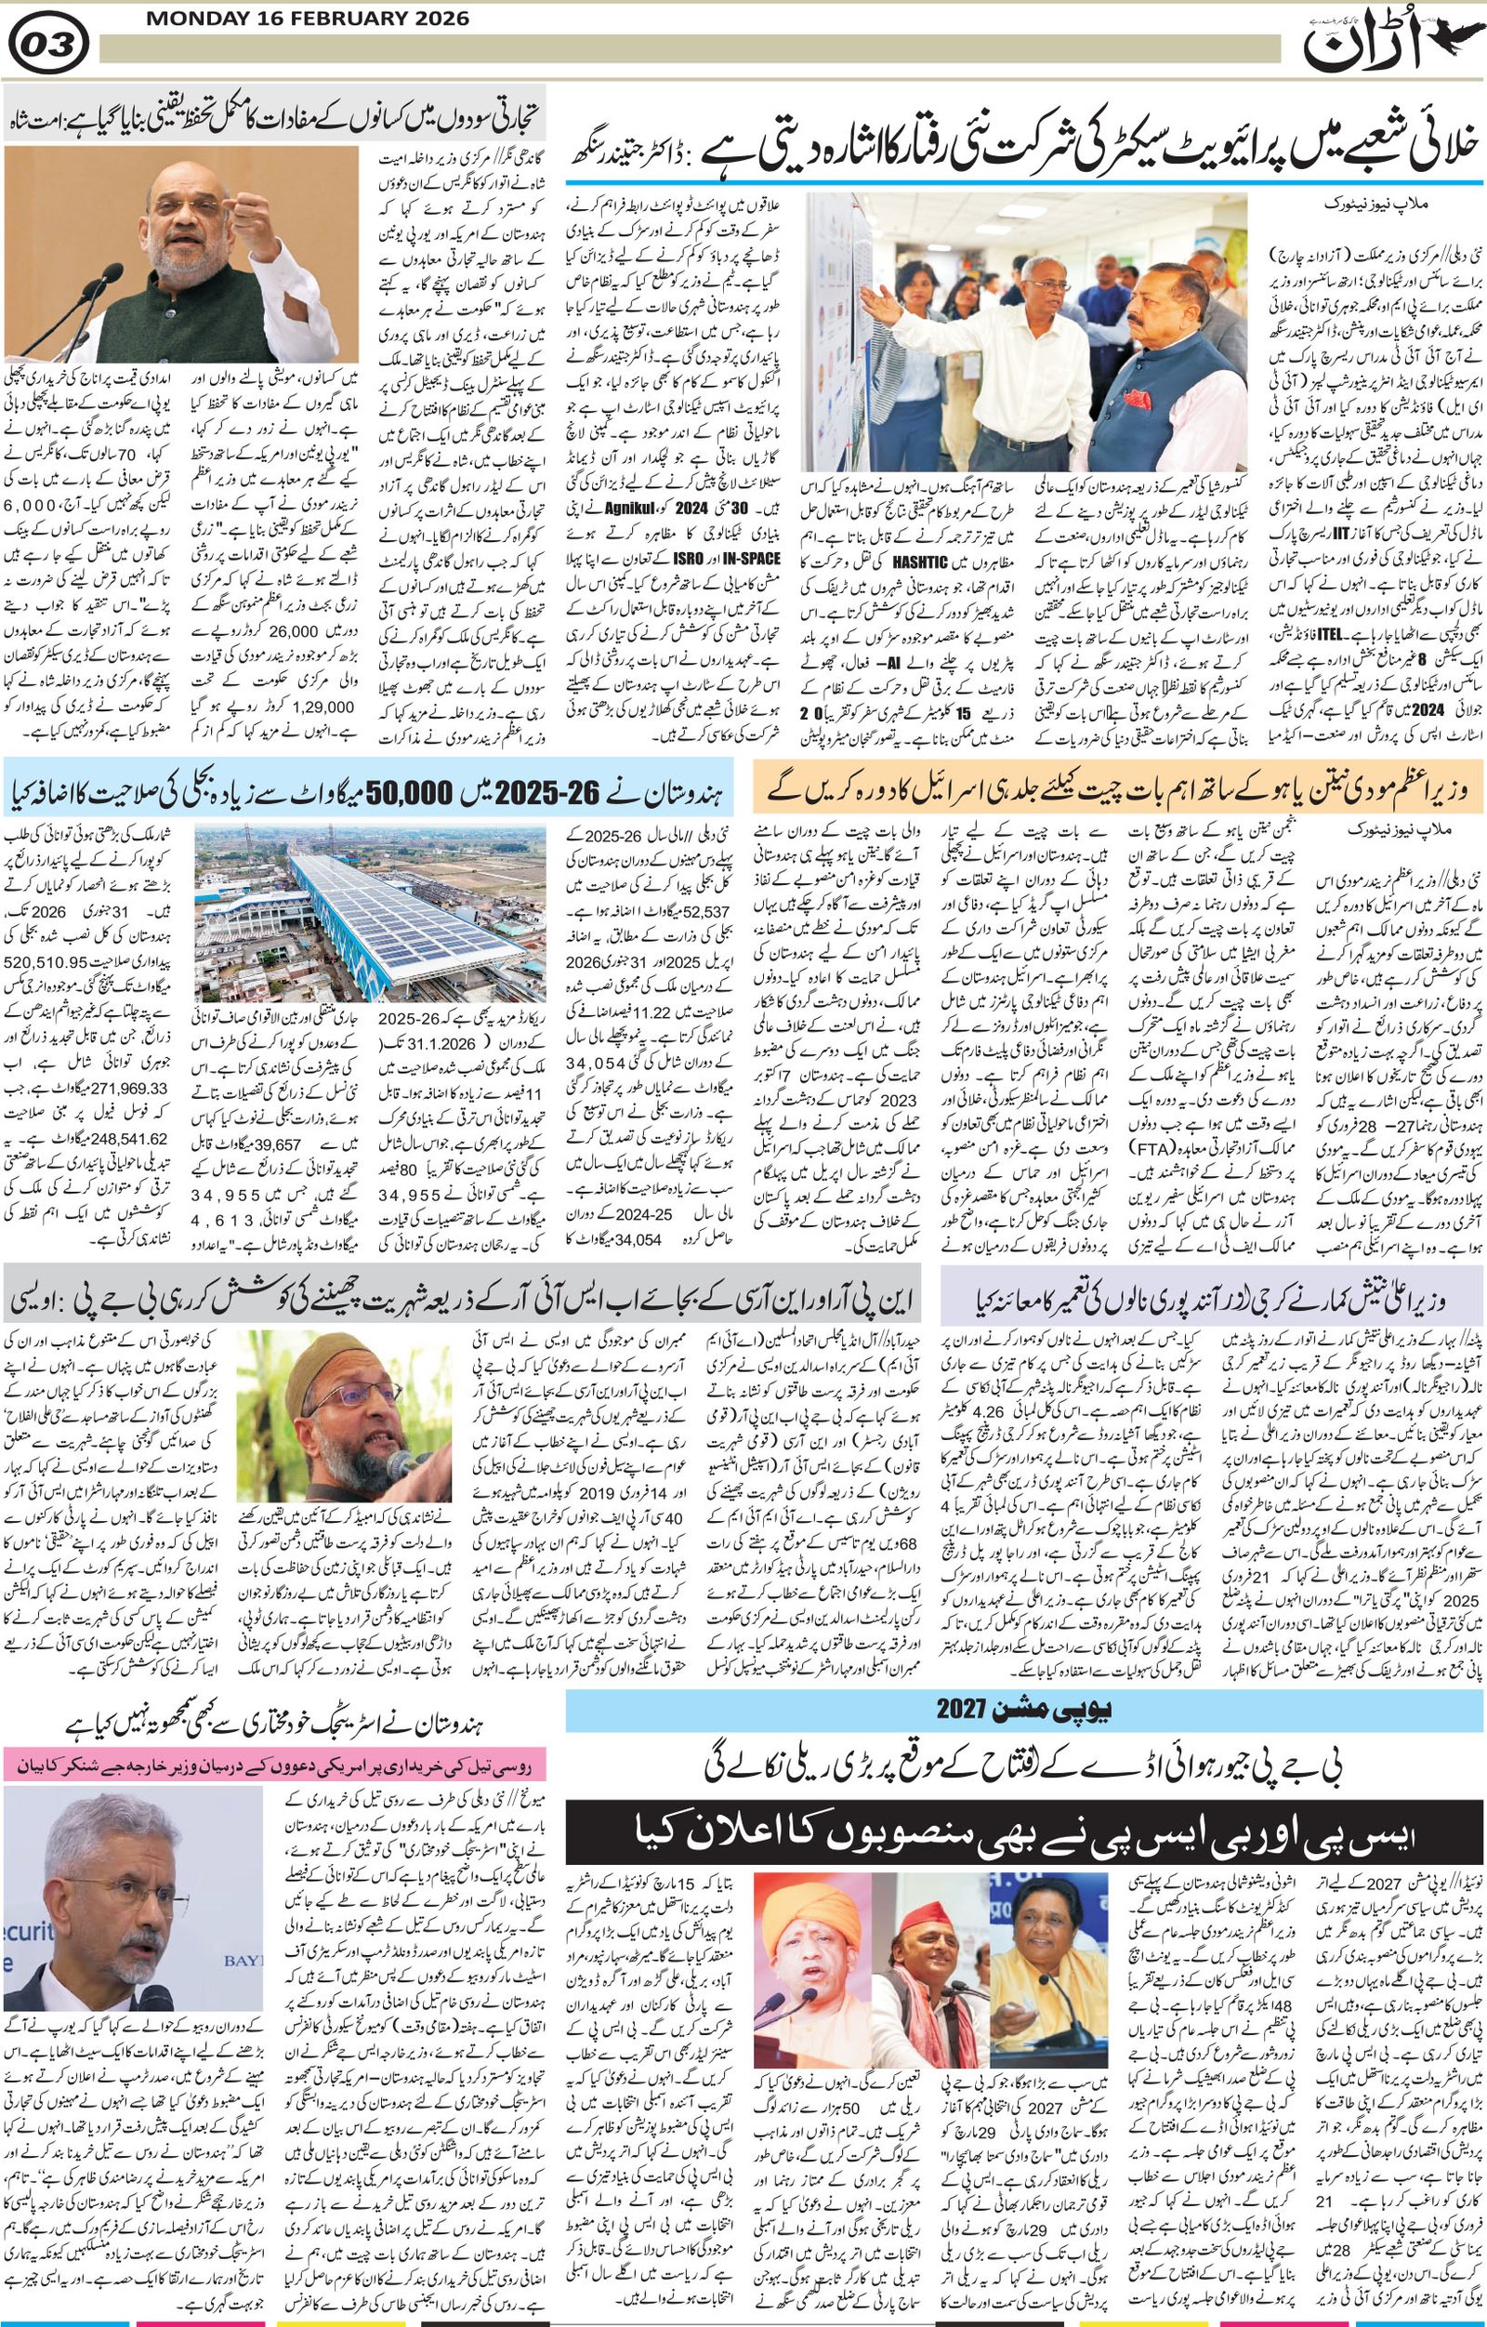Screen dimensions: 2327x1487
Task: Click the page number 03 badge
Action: pyautogui.click(x=47, y=43)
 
